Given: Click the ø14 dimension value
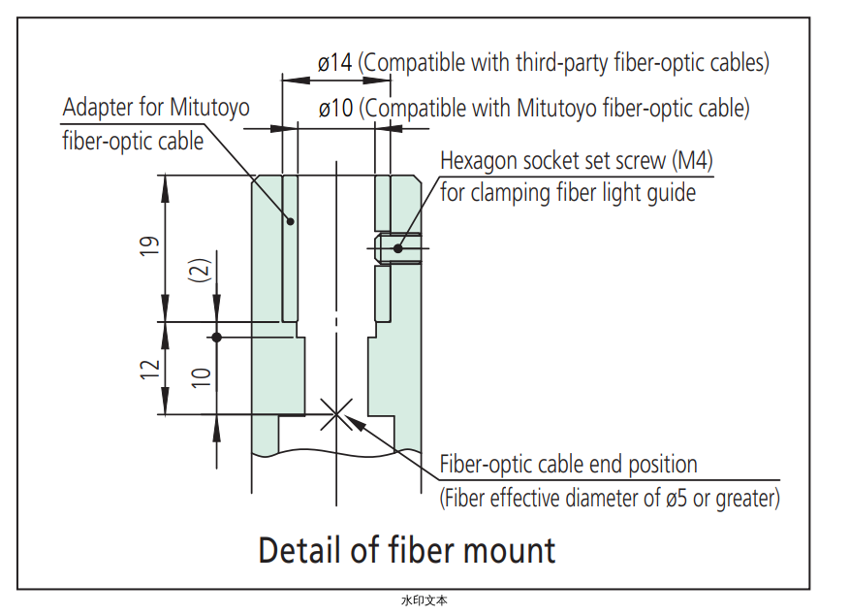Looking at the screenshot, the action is coord(335,63).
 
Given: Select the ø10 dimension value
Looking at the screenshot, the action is coord(336,108).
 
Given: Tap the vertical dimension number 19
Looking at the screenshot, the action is coord(150,245).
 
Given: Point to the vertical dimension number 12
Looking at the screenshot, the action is coord(150,369).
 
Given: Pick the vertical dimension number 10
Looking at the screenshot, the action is coord(201,377).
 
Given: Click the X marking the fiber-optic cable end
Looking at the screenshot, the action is coord(336,414).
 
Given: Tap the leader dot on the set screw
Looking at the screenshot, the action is coord(398,248).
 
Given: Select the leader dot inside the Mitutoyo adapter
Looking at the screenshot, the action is coord(290,221).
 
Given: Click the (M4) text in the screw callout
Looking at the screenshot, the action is coord(692,161).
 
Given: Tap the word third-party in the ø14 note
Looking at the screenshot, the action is coord(561,63).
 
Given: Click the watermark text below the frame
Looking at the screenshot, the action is coord(425,600).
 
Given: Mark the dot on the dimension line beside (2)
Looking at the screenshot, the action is coord(217,337).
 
